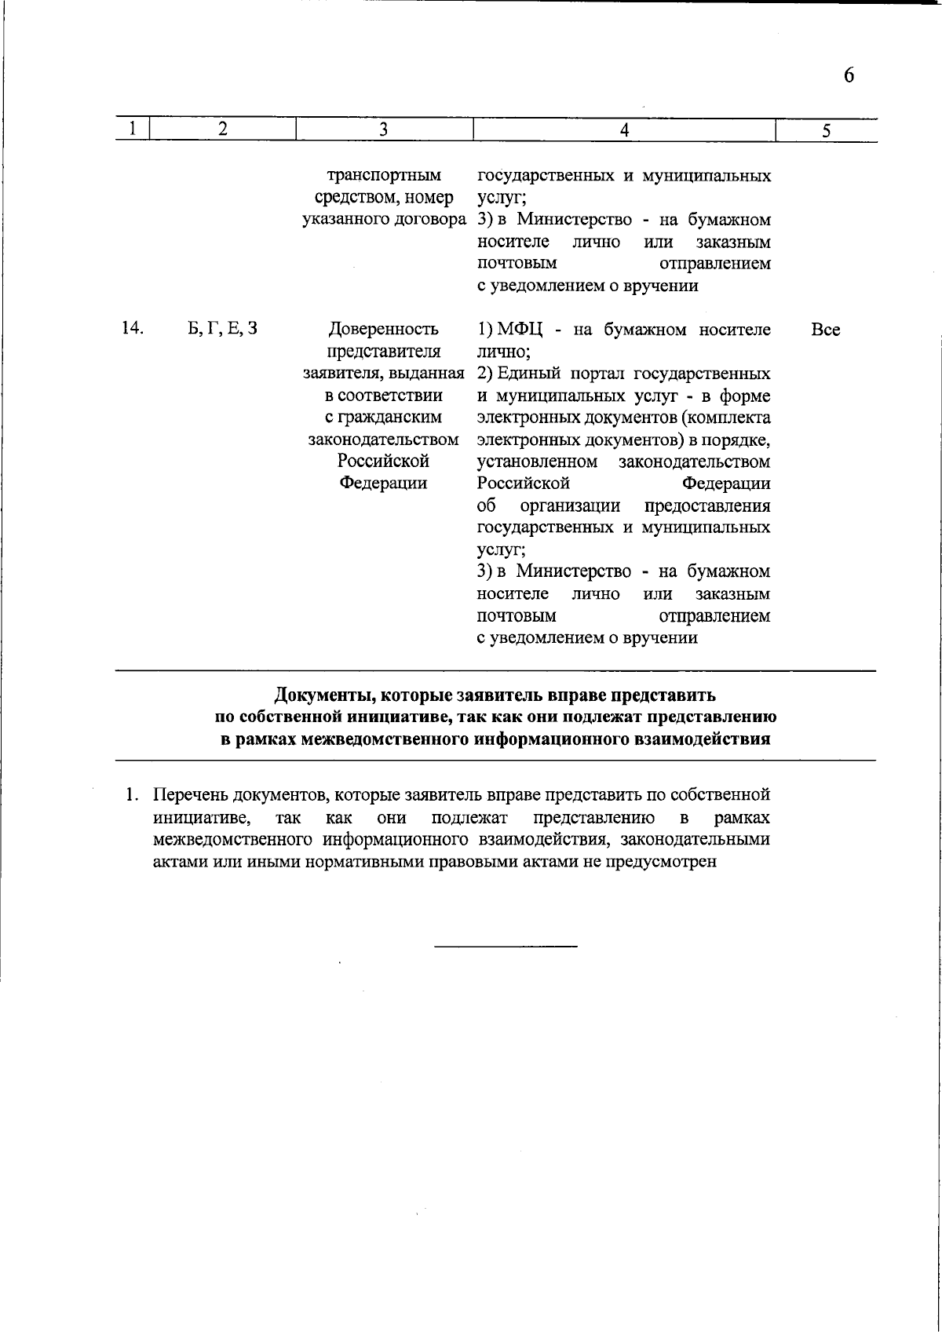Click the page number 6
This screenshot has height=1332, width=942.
point(849,75)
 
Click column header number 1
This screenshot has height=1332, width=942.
point(133,129)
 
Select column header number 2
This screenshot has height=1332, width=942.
point(223,129)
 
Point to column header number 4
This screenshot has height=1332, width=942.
point(624,130)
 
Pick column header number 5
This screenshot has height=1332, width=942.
point(827,131)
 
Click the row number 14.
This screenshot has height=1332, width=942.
point(132,328)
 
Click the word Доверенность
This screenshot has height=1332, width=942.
point(383,329)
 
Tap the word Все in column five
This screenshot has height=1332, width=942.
point(825,330)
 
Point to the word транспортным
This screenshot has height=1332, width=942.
point(383,175)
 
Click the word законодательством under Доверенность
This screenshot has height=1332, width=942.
point(383,439)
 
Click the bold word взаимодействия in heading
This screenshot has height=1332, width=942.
point(711,739)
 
